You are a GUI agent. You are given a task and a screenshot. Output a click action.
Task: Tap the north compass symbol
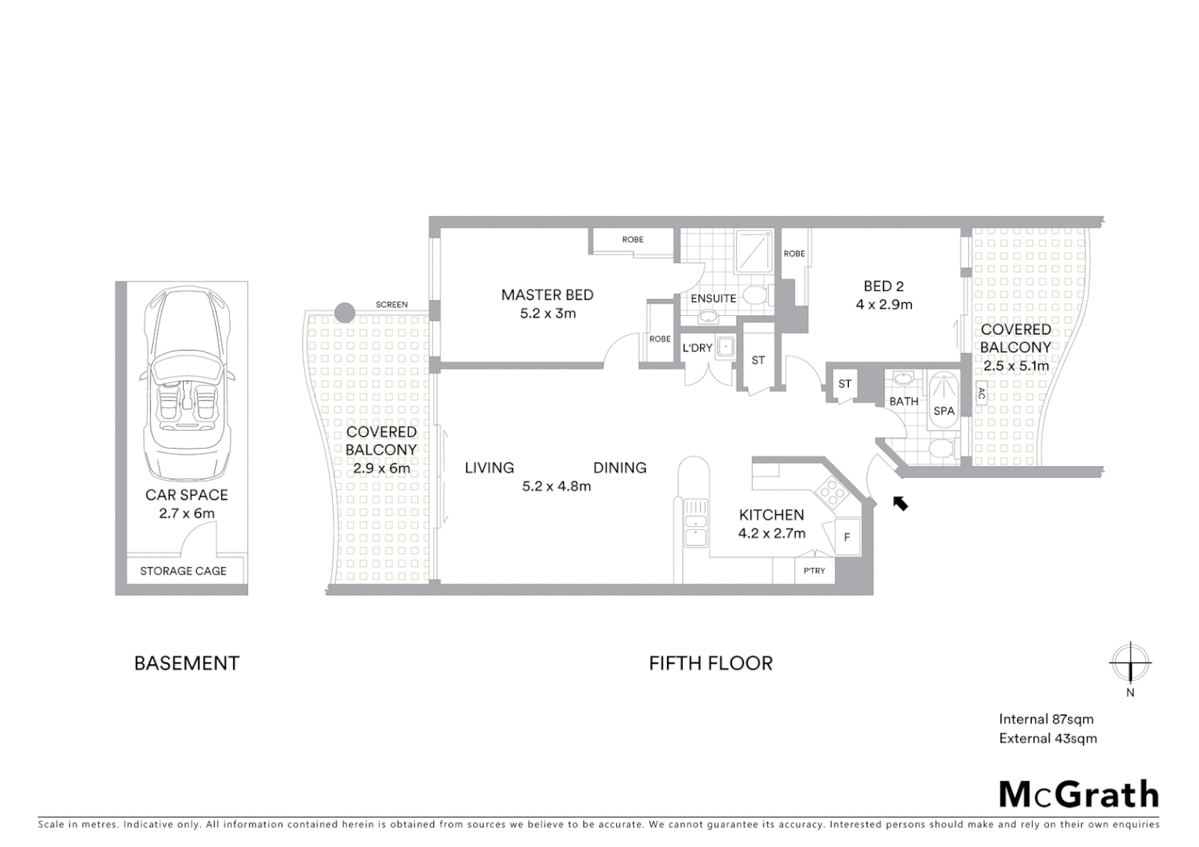(x=1129, y=663)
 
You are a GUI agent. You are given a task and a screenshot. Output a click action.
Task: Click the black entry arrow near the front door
(x=900, y=503)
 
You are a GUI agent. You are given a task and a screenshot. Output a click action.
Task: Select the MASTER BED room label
(x=547, y=295)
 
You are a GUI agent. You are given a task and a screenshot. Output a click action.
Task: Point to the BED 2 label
(x=883, y=286)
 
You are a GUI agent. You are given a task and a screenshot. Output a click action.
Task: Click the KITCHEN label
(x=771, y=514)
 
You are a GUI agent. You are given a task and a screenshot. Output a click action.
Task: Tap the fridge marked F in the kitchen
(x=847, y=537)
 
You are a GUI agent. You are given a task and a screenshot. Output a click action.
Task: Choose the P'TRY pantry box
(x=815, y=570)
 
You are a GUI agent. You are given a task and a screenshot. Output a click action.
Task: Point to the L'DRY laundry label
(x=697, y=347)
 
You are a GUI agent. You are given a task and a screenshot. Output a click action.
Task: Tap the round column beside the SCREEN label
(x=344, y=312)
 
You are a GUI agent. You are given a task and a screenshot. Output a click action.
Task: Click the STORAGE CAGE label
(x=183, y=571)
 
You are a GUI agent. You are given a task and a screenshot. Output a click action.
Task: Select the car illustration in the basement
(x=187, y=384)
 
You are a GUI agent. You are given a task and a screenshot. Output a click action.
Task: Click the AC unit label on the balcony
(x=981, y=394)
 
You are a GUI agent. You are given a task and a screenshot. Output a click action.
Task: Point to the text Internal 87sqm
(x=1046, y=719)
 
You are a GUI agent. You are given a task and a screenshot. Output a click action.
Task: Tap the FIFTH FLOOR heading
(x=710, y=663)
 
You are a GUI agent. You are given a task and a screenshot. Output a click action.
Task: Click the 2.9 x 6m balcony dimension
(x=381, y=468)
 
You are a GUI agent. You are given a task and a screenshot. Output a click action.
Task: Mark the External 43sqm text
(x=1048, y=738)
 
